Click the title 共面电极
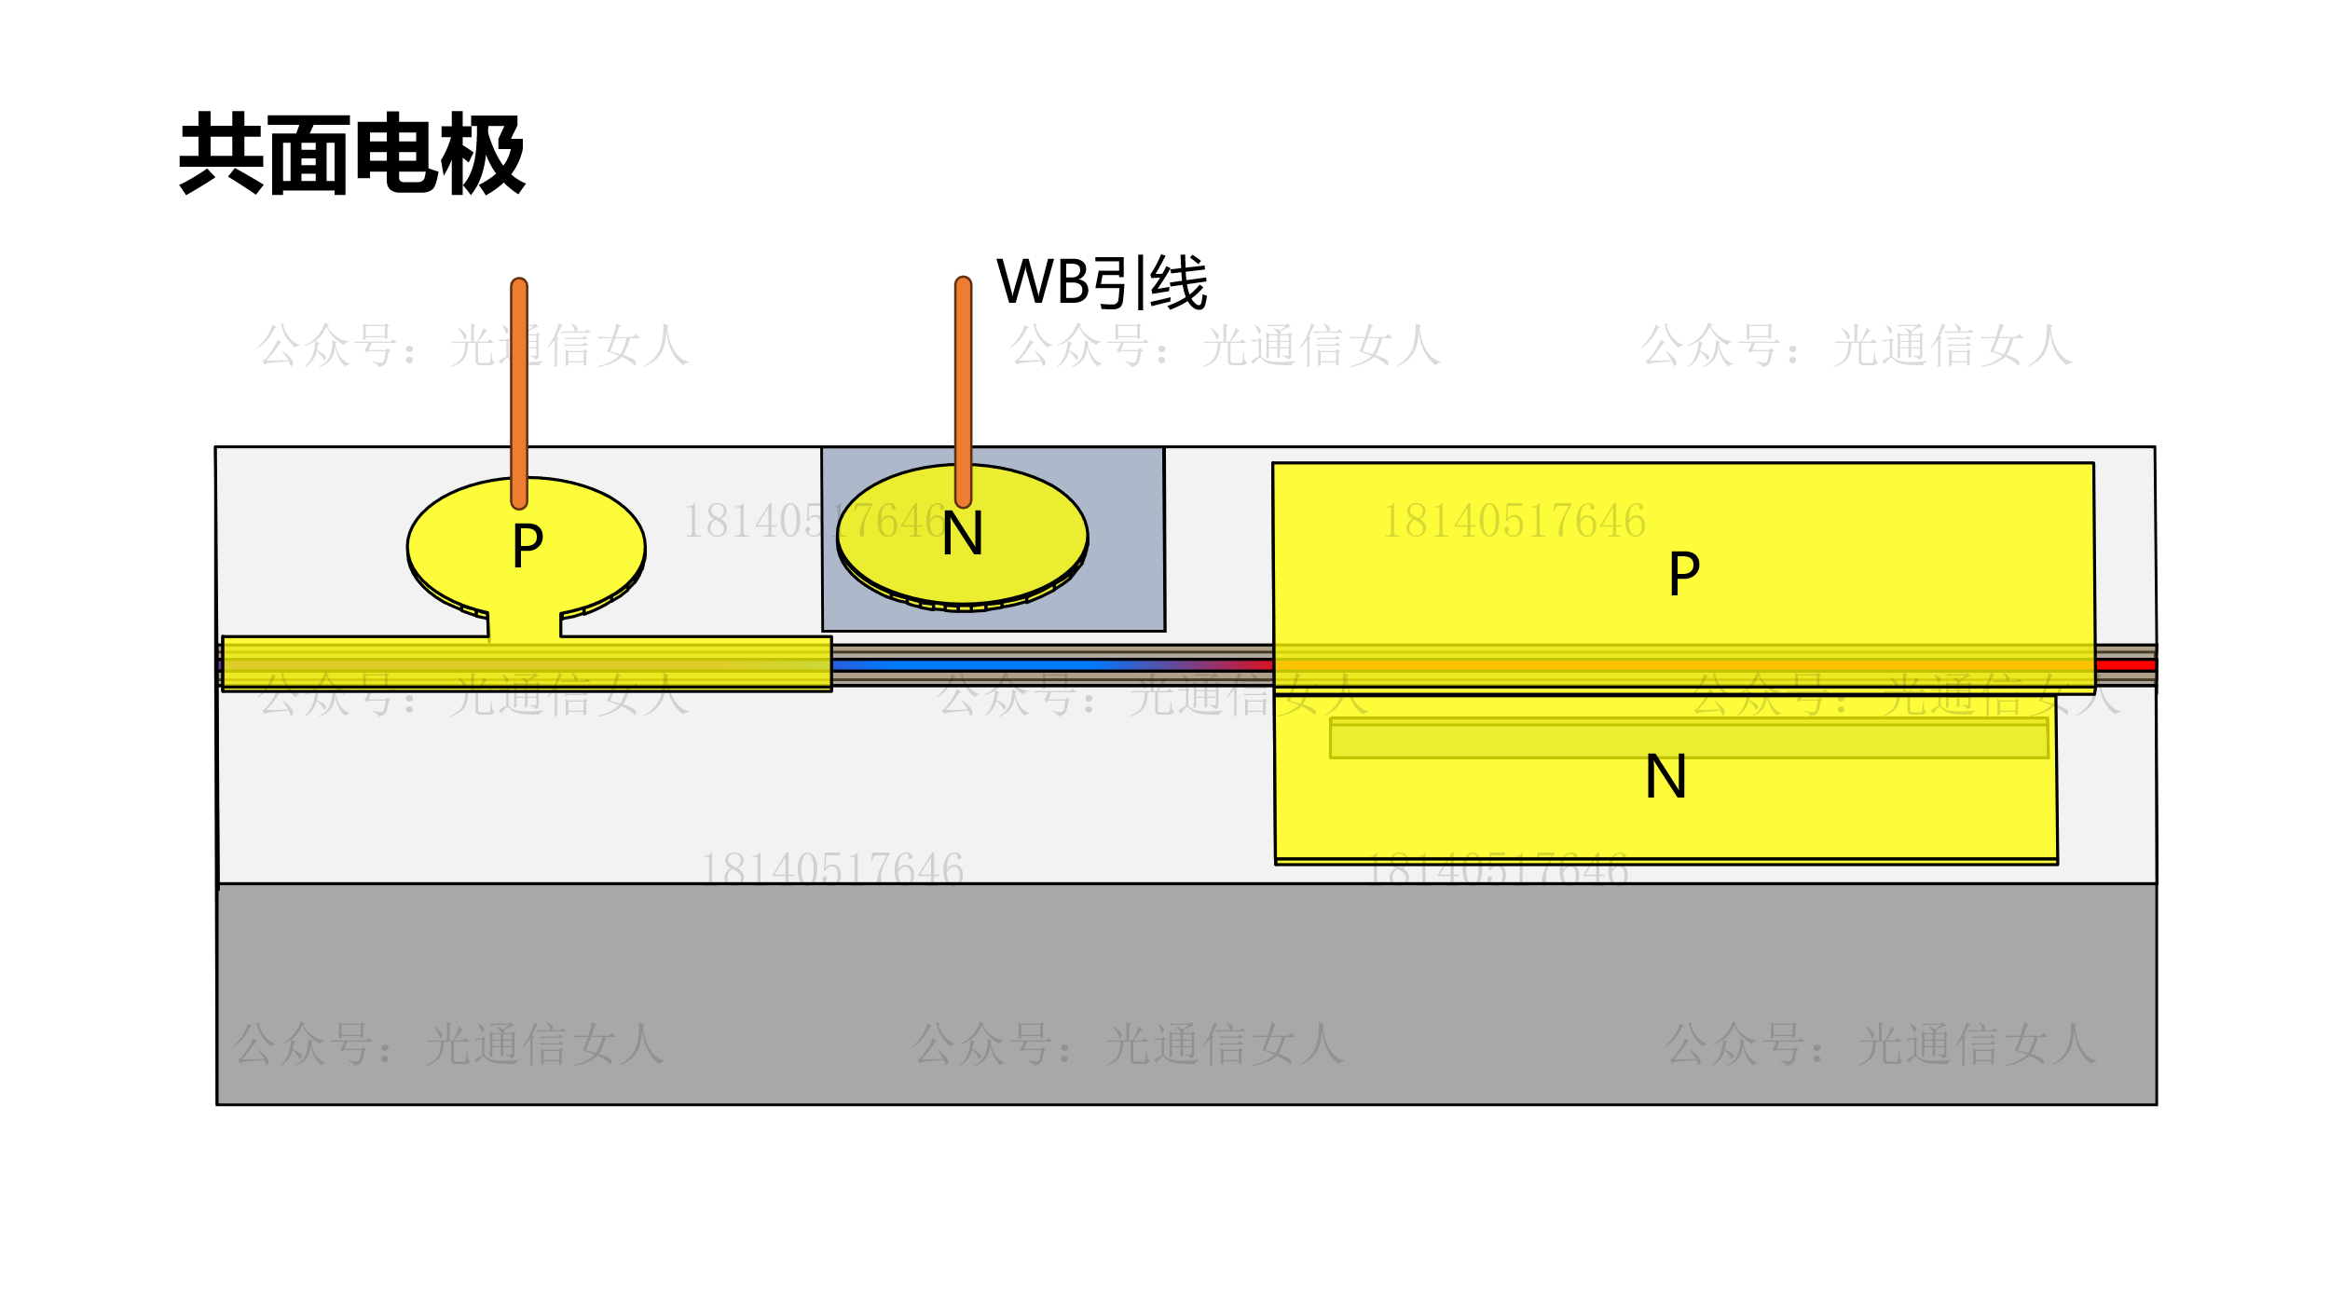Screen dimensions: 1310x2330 click(352, 154)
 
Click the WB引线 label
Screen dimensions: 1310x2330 click(1102, 282)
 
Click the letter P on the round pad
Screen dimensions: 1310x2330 click(528, 545)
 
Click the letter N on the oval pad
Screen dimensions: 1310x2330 click(962, 534)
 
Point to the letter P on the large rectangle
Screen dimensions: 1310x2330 click(1684, 573)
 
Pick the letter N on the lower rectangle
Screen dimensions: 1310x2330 click(1665, 776)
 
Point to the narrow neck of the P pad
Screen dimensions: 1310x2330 click(524, 624)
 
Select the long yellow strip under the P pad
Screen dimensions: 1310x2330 click(373, 662)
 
